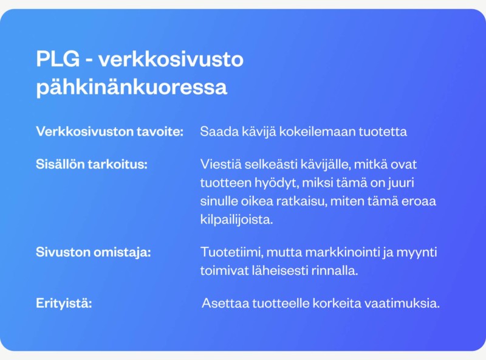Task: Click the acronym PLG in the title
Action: (58, 58)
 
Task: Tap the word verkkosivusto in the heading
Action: (171, 58)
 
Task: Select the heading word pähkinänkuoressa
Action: (132, 87)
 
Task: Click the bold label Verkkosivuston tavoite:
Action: (110, 131)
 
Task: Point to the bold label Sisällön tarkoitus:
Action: (92, 164)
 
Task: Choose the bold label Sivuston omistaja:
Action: (94, 252)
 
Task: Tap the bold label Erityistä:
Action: (64, 303)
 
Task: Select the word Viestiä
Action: (221, 164)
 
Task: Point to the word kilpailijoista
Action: (236, 220)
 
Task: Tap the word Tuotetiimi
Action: (232, 252)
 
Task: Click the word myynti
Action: (417, 252)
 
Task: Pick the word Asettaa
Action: (225, 303)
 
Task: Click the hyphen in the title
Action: (89, 60)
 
